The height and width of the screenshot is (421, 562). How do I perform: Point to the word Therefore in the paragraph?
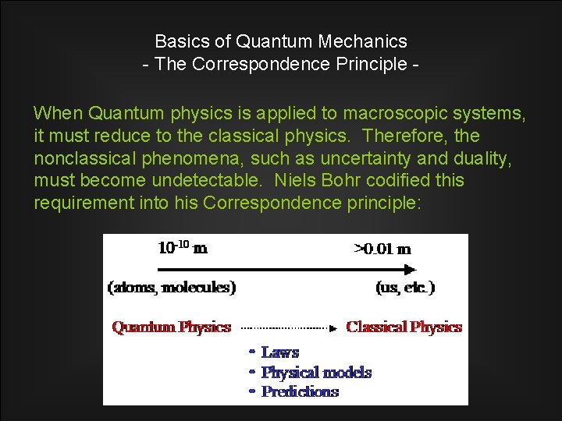(402, 136)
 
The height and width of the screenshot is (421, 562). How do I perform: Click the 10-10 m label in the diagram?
(183, 249)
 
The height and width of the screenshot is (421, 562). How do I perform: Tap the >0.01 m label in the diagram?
(382, 249)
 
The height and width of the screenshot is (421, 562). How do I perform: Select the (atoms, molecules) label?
(172, 287)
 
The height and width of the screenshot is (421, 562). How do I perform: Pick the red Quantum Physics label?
(172, 327)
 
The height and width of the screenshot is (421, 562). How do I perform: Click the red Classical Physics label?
(404, 327)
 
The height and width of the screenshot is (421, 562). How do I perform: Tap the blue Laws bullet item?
(279, 353)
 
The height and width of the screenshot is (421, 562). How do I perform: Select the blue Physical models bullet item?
(316, 373)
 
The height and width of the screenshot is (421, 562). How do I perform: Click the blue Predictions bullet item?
(300, 391)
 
